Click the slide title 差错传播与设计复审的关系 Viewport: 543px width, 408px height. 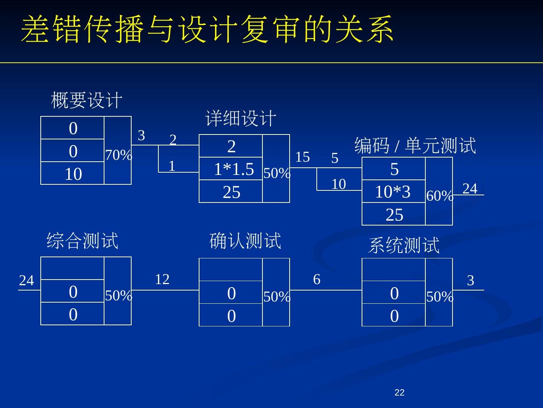[207, 29]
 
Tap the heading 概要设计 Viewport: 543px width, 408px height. [86, 100]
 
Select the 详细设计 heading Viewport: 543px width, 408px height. [241, 118]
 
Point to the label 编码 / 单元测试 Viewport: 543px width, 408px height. [415, 146]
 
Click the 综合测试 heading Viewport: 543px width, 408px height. [82, 241]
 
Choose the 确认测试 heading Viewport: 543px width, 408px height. [245, 241]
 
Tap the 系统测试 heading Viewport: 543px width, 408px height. [403, 245]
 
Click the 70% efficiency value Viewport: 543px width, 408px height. [118, 155]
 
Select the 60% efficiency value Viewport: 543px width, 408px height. [440, 196]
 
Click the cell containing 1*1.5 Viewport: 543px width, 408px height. [234, 169]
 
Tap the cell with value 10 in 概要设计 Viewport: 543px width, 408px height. [73, 174]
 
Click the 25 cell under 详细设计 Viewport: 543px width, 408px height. [232, 192]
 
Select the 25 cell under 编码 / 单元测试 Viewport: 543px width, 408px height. [394, 215]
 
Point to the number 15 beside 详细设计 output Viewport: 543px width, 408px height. [302, 157]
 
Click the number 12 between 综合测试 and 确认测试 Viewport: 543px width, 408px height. [162, 279]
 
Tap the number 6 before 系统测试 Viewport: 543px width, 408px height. [317, 279]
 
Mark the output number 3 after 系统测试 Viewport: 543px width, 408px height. [470, 280]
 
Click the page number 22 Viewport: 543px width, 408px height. [399, 393]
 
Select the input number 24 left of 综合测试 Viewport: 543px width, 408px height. [26, 281]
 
